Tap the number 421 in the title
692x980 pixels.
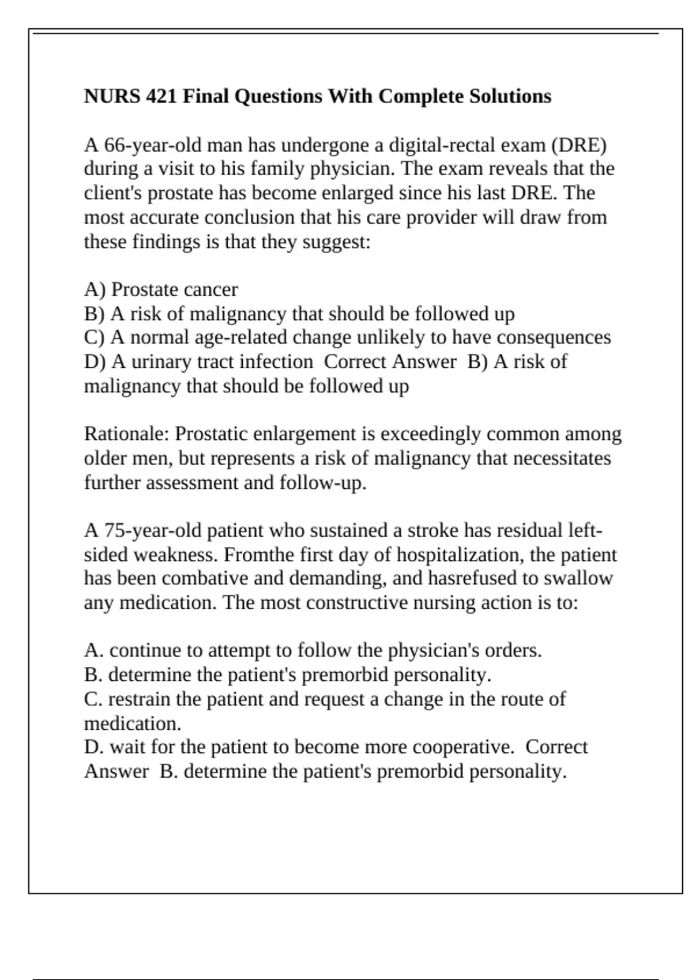[161, 96]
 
